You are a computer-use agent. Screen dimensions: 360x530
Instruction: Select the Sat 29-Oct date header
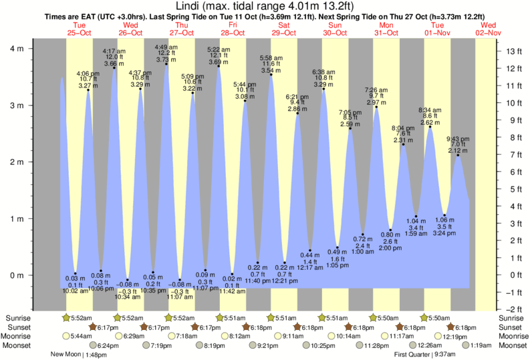(x=284, y=29)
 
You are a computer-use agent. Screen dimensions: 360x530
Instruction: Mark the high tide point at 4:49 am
(x=166, y=64)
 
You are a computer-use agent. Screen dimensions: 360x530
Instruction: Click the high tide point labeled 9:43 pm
(x=458, y=155)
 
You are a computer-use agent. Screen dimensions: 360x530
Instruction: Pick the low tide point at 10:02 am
(x=76, y=273)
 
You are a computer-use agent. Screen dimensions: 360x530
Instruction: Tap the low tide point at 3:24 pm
(x=444, y=215)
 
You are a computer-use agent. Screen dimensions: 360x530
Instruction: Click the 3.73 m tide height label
(x=166, y=59)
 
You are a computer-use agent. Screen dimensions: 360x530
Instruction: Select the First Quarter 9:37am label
(x=424, y=355)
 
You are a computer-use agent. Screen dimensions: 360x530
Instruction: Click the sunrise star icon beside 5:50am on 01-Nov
(x=424, y=317)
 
